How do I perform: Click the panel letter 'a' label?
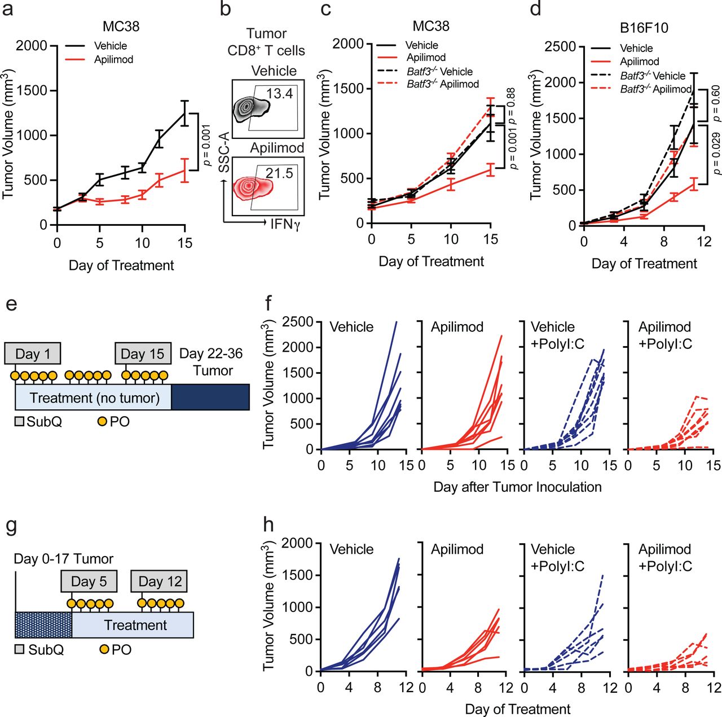point(8,10)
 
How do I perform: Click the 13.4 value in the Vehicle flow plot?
point(279,93)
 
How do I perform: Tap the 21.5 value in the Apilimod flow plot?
point(279,173)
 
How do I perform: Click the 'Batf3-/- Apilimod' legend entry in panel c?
point(443,84)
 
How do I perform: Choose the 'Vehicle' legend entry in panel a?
point(111,46)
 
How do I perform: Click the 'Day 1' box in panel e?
point(32,354)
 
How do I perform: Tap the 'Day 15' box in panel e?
point(143,354)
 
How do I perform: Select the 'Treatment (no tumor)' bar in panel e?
point(94,398)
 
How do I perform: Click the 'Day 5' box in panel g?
point(89,582)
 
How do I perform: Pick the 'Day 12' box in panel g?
point(160,582)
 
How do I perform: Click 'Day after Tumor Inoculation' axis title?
point(517,487)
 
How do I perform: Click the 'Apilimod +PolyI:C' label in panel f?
point(665,335)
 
